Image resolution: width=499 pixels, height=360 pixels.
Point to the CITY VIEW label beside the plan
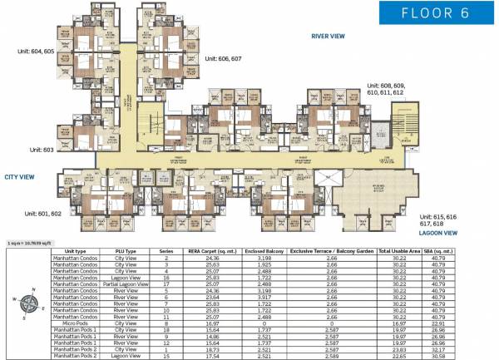[19, 177]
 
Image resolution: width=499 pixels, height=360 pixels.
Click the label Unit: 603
[36, 150]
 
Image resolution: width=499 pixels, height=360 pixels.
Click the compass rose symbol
[29, 303]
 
